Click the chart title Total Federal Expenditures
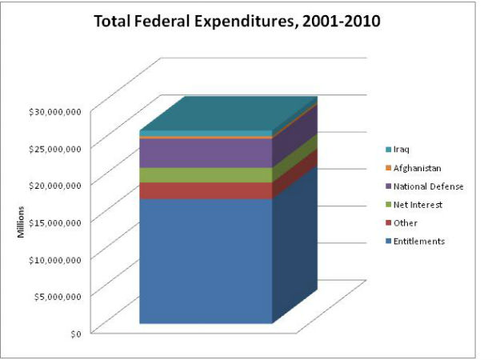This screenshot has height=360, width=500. point(237,22)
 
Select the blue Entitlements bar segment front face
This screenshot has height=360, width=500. point(206,260)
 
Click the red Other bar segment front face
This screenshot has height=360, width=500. point(206,190)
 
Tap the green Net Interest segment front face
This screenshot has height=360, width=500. point(206,175)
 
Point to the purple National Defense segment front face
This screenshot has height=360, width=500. point(206,153)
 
